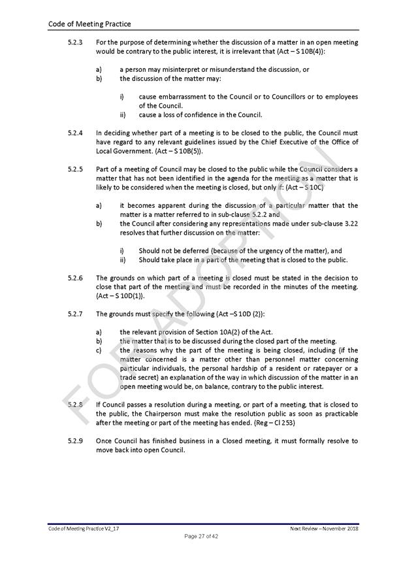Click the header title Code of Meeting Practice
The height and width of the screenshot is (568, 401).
(x=89, y=24)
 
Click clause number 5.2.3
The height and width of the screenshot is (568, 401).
(x=76, y=42)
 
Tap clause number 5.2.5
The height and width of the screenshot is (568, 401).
(x=76, y=169)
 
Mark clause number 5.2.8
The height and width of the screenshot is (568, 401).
(x=76, y=405)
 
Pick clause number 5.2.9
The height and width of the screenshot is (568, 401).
(x=76, y=441)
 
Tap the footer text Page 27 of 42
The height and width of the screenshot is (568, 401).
(x=201, y=536)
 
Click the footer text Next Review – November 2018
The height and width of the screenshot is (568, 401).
(x=324, y=527)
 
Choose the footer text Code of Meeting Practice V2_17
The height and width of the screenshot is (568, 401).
(x=83, y=527)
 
